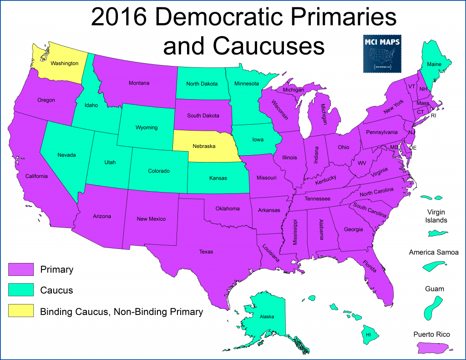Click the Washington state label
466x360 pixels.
[x=64, y=63]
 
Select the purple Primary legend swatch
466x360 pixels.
[x=21, y=269]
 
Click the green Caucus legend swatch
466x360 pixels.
[x=21, y=290]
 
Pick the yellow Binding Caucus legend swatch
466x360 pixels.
[x=21, y=312]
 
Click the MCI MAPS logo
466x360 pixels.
[x=382, y=53]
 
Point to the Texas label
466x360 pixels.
[x=206, y=252]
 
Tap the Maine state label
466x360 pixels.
[x=434, y=65]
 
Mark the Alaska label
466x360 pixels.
[x=267, y=317]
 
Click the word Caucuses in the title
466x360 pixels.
[x=243, y=46]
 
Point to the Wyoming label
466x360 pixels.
[x=147, y=127]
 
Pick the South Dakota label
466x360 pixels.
[x=203, y=116]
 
